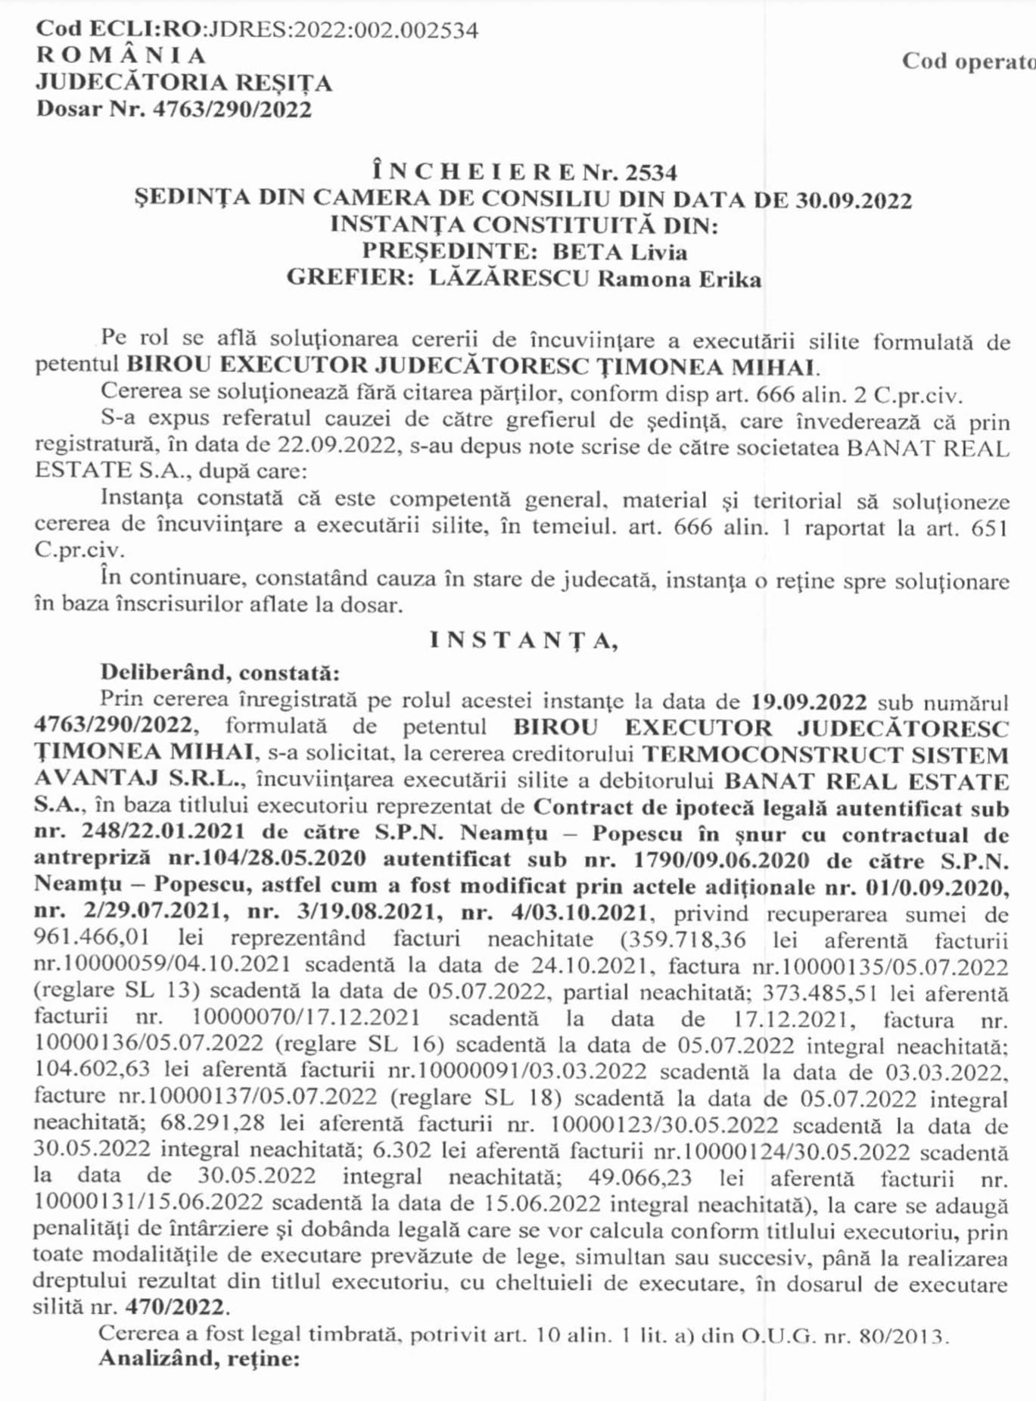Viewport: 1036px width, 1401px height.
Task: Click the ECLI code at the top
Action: click(x=257, y=30)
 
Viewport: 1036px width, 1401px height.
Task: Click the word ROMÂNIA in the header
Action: click(x=121, y=55)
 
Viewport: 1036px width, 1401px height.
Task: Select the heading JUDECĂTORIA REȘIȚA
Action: click(x=184, y=82)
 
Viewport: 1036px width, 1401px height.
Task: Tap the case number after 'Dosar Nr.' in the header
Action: click(x=232, y=109)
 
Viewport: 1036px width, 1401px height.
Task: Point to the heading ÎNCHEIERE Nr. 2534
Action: click(x=524, y=173)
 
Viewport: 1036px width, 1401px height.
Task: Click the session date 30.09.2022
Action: click(x=854, y=200)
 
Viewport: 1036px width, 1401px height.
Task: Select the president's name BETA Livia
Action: click(x=619, y=251)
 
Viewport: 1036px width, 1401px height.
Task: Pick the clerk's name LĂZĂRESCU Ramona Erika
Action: click(x=595, y=279)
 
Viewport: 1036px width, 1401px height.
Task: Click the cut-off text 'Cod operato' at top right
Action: click(x=968, y=61)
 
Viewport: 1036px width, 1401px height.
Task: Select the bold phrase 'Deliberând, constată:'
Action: click(x=219, y=672)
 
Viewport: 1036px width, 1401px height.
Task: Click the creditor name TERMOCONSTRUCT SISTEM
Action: click(x=825, y=755)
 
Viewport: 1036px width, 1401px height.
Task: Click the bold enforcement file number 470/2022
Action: click(x=176, y=1307)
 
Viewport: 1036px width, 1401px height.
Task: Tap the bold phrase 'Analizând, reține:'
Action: click(x=199, y=1359)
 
